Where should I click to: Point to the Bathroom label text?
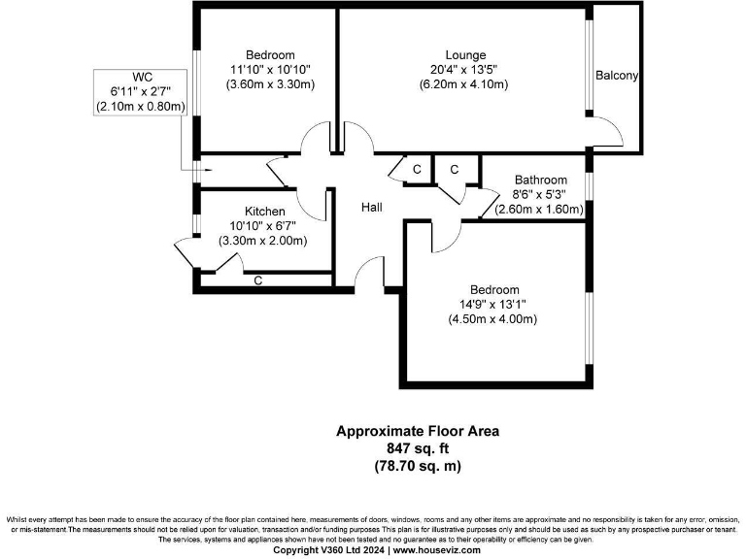540,180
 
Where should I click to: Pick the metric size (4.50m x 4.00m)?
493,319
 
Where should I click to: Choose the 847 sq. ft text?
419,448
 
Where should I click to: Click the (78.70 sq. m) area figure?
419,466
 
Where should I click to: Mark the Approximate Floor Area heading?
419,431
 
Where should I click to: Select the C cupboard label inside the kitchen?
258,280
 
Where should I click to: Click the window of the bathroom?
589,184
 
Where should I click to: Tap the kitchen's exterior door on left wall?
186,254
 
